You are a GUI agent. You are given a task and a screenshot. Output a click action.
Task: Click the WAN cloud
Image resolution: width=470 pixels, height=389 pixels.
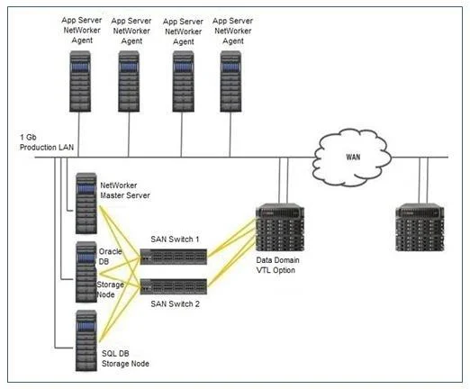click(x=352, y=158)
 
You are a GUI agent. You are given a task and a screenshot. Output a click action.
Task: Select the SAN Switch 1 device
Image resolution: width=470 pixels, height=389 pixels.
click(x=174, y=257)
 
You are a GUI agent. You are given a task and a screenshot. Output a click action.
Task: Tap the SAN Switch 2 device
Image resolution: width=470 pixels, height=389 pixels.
click(x=174, y=286)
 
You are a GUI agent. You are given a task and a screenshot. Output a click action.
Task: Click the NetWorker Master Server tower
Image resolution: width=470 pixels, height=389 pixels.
click(x=86, y=204)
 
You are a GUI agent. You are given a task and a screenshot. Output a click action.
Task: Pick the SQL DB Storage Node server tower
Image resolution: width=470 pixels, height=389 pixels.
click(x=86, y=340)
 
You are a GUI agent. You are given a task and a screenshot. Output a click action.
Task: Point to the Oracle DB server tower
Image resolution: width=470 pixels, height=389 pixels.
click(x=86, y=272)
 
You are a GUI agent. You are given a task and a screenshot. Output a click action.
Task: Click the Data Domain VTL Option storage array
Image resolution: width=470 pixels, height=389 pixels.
click(x=280, y=227)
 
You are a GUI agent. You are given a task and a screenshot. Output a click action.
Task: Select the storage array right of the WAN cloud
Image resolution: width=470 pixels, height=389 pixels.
click(x=420, y=227)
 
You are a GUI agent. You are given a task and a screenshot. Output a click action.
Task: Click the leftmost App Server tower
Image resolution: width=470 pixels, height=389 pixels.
click(x=80, y=81)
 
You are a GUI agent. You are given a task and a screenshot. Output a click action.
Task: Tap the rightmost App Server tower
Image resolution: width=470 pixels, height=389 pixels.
click(x=230, y=81)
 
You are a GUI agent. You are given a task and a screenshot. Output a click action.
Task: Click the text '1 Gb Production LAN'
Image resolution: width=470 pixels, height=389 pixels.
click(x=47, y=142)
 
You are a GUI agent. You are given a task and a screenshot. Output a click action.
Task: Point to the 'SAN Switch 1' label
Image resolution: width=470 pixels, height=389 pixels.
click(x=175, y=240)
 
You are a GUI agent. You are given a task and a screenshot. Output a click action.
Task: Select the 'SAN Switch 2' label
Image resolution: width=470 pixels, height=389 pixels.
click(x=175, y=303)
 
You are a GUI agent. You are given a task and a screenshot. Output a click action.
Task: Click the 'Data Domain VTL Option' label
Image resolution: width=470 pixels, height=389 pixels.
click(x=277, y=265)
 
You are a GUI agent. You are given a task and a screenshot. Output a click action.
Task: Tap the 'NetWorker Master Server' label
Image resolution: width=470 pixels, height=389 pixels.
click(x=125, y=190)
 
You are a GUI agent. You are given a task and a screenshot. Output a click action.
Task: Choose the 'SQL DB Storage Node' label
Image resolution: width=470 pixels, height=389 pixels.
click(x=125, y=358)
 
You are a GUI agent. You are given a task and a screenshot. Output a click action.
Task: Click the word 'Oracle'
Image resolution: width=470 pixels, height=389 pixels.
click(x=110, y=251)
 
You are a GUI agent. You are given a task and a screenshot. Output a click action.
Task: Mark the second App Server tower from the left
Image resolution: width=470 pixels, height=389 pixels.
click(x=129, y=81)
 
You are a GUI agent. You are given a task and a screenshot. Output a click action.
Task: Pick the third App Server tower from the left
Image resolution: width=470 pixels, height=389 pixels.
click(x=183, y=81)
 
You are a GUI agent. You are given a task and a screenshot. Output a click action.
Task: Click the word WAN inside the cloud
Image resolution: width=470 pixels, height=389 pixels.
click(x=353, y=157)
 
